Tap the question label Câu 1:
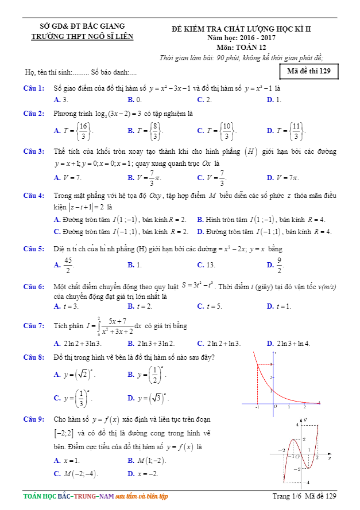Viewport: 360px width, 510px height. coord(34,89)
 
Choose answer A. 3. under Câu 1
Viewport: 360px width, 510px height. coord(61,100)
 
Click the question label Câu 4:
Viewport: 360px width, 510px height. coord(34,196)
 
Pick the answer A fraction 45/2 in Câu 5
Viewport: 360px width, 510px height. coord(64,265)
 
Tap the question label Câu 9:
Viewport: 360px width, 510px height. coord(34,419)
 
